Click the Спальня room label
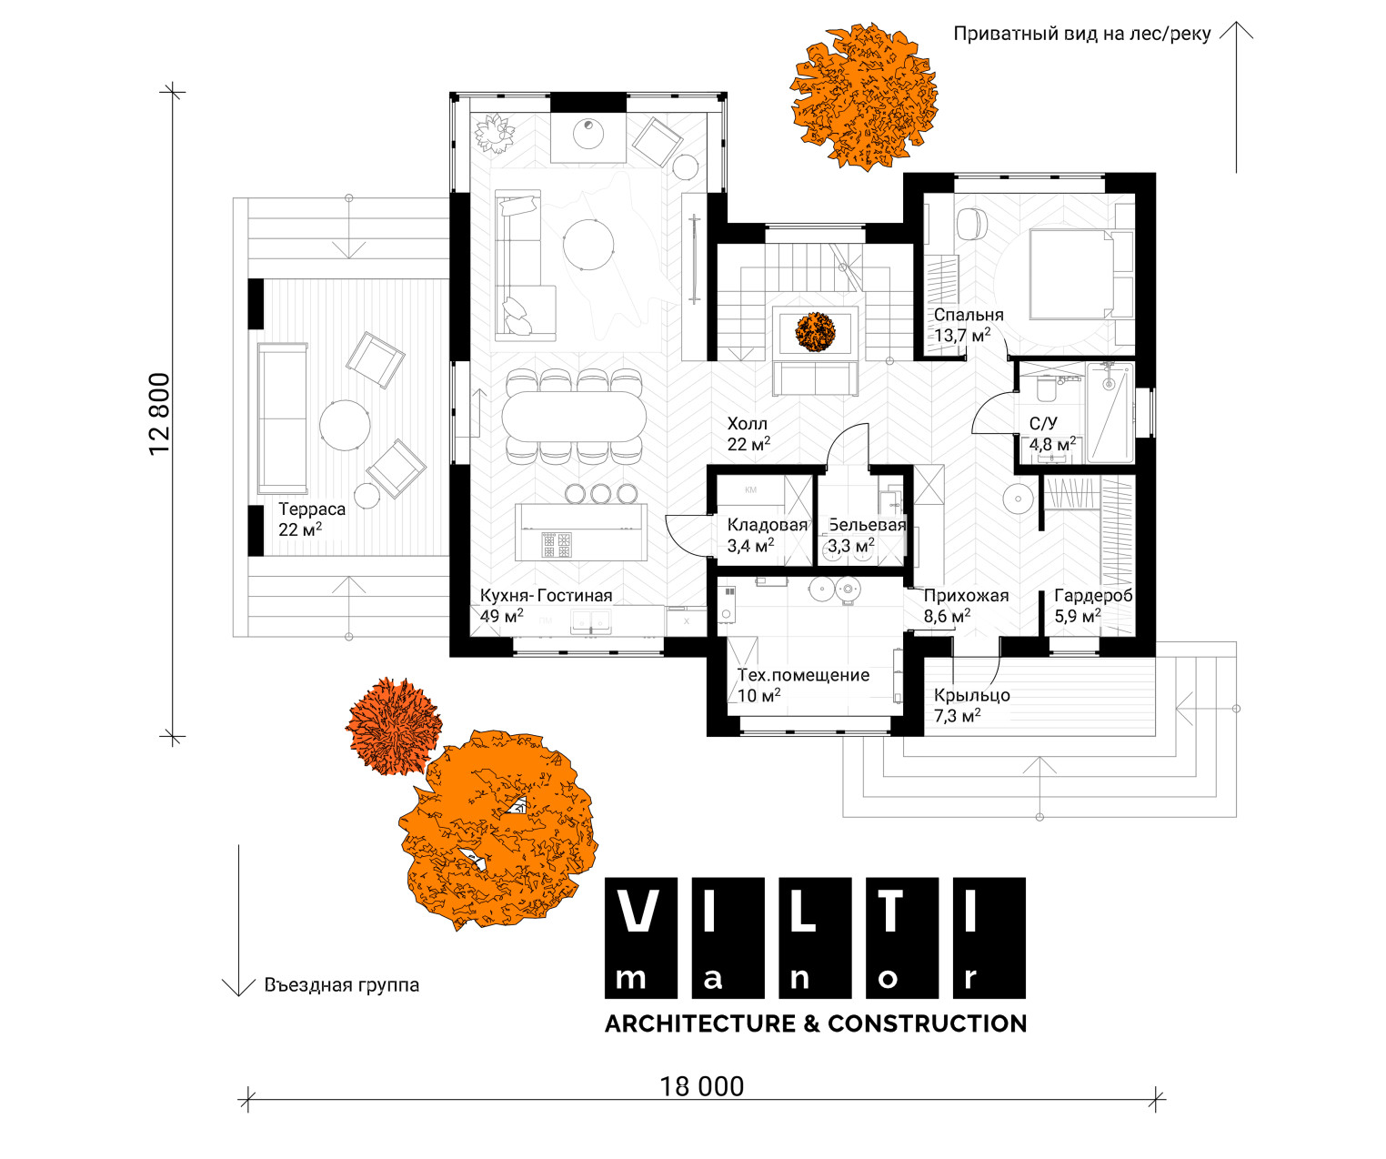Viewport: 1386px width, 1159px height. click(969, 315)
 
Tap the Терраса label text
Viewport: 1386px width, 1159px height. click(312, 509)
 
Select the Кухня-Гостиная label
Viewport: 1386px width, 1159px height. click(546, 596)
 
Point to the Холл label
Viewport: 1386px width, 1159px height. click(748, 424)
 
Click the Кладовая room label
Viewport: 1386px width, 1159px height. click(768, 525)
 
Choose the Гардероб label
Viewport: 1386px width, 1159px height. click(1093, 596)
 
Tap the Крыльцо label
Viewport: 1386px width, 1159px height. click(972, 695)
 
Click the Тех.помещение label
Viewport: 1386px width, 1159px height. click(803, 675)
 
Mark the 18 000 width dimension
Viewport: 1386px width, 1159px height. click(701, 1086)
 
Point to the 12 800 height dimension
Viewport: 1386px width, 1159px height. click(159, 414)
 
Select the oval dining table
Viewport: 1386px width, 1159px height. click(574, 417)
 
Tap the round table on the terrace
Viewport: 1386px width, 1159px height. click(345, 425)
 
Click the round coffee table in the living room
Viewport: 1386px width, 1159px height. click(588, 244)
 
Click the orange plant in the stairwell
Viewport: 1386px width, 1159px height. click(815, 332)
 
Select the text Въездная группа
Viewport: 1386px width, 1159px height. click(341, 985)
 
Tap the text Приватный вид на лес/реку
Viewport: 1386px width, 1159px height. click(1082, 34)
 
